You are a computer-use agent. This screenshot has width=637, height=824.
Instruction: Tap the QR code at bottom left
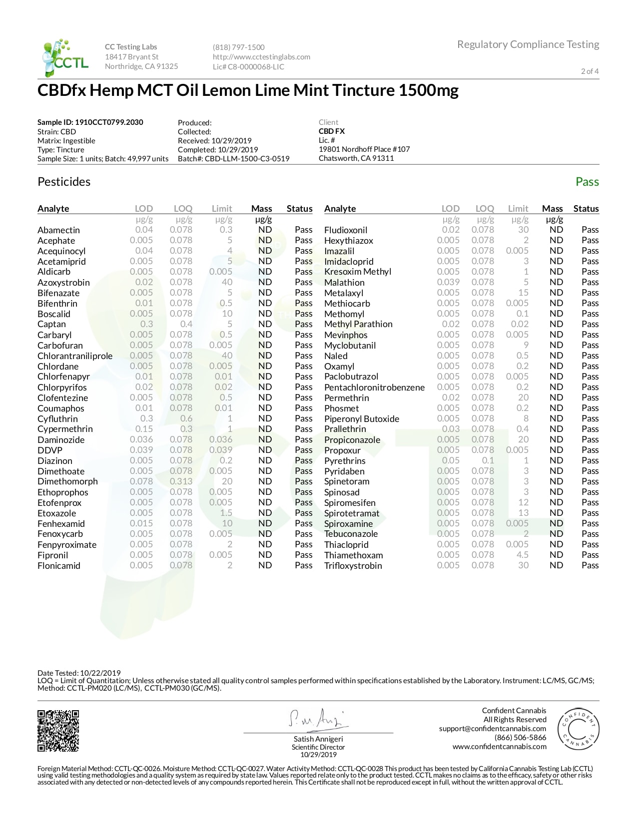tap(58, 731)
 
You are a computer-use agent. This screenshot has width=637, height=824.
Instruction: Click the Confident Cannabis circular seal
tap(578, 729)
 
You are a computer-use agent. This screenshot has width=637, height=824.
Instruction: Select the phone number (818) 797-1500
tap(239, 47)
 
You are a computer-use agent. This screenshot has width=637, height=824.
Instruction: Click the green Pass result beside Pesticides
tap(587, 182)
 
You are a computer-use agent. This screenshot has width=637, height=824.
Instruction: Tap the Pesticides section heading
tap(64, 182)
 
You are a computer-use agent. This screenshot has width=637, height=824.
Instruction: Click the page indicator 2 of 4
tap(590, 71)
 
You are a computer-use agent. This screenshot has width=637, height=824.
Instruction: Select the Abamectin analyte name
tap(58, 230)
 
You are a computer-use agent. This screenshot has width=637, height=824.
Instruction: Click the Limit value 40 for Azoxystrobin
tap(227, 282)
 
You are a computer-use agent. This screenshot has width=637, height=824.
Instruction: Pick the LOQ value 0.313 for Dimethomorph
tap(181, 481)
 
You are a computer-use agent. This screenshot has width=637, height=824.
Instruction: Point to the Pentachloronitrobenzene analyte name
tap(374, 388)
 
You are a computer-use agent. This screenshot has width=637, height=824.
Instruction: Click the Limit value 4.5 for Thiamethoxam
tap(522, 555)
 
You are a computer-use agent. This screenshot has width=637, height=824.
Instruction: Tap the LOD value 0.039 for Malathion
tap(448, 282)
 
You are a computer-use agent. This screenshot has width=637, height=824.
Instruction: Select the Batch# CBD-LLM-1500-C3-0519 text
tap(233, 159)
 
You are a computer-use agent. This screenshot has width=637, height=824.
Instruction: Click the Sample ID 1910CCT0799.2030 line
tap(90, 122)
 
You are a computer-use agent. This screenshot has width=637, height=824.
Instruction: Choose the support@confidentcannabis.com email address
tap(493, 729)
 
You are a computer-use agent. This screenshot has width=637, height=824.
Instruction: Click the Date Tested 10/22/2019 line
tap(79, 673)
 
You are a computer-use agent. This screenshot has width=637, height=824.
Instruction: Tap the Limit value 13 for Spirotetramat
tap(523, 513)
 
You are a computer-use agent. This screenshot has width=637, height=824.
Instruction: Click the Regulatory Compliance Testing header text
tap(528, 44)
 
